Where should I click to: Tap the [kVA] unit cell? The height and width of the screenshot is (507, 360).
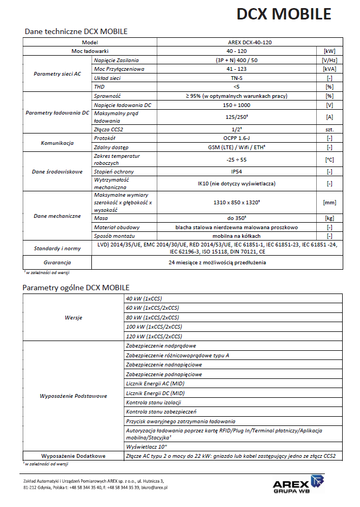(x=329, y=69)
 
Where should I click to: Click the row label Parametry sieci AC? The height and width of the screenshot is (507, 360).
(x=57, y=74)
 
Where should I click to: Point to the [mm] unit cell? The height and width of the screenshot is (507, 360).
(x=329, y=202)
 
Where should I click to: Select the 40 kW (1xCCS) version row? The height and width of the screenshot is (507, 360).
(x=144, y=298)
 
